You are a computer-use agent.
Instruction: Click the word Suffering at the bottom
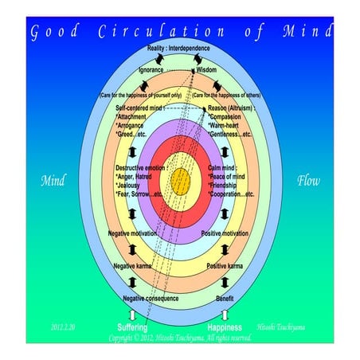[132, 327]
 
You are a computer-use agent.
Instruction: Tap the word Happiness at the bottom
[225, 327]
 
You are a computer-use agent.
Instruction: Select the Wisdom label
[206, 69]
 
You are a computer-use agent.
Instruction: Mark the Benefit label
[224, 298]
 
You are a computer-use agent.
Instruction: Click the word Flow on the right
[308, 180]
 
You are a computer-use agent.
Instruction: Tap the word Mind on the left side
[53, 180]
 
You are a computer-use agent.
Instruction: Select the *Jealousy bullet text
[131, 185]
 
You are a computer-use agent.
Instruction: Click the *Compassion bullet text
[228, 116]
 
